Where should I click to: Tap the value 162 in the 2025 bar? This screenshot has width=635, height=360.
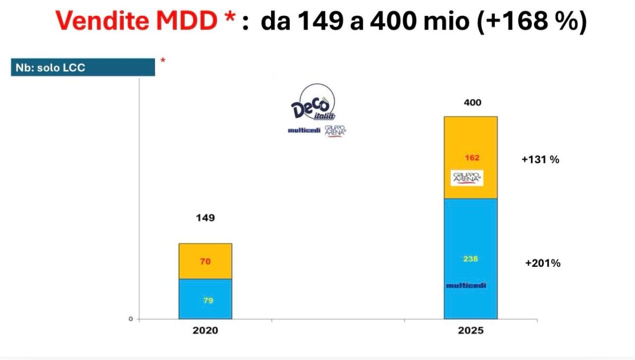[473, 158]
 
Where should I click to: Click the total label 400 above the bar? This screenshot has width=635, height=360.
[472, 102]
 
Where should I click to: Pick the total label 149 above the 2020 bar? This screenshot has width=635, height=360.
[205, 218]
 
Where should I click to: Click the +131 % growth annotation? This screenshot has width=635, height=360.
[540, 159]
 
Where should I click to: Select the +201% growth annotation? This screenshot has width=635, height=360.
[542, 263]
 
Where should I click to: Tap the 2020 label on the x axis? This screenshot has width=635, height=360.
[205, 330]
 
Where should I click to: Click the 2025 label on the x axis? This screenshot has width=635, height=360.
[470, 330]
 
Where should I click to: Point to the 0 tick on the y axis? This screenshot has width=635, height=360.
[131, 319]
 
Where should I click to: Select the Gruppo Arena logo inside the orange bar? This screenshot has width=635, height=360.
[467, 178]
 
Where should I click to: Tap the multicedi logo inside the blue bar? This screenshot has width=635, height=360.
[466, 285]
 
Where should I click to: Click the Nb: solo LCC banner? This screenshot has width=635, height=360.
[83, 68]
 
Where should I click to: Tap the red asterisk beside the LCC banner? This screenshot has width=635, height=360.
[162, 61]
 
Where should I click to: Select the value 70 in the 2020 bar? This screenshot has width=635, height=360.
[205, 261]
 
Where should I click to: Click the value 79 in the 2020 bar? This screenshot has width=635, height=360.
[208, 300]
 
